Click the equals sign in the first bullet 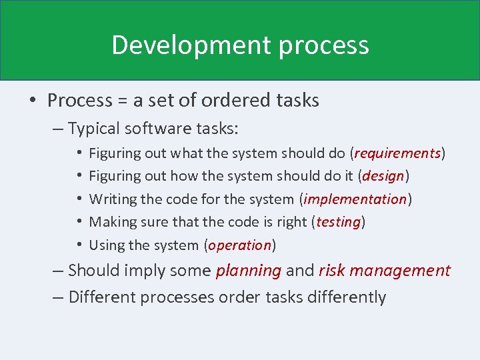click(x=123, y=101)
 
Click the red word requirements click(x=397, y=153)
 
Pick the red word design click(x=384, y=176)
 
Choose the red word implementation click(x=355, y=199)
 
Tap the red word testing click(x=338, y=221)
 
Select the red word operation click(x=239, y=245)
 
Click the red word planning click(x=248, y=271)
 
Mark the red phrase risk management click(x=385, y=271)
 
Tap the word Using click(x=106, y=245)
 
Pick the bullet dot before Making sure click(x=79, y=222)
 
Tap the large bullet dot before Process click(x=33, y=101)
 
